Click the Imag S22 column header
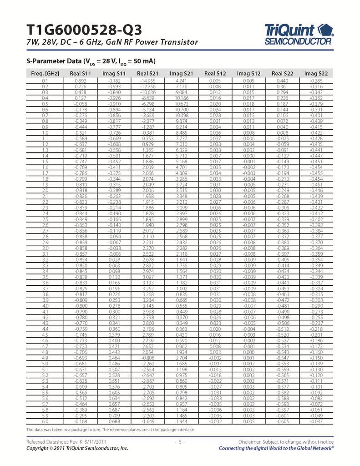click(x=317, y=74)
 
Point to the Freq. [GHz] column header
click(x=45, y=74)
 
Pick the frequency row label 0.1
click(x=45, y=81)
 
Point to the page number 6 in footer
click(x=180, y=442)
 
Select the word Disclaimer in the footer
click(x=251, y=442)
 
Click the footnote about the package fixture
click(x=111, y=430)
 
